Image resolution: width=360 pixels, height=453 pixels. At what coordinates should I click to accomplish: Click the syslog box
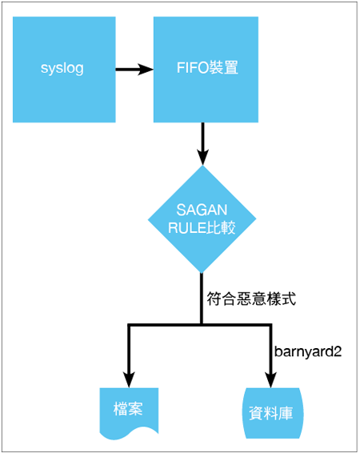(64, 70)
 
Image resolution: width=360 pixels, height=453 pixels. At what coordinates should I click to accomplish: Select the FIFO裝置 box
(206, 70)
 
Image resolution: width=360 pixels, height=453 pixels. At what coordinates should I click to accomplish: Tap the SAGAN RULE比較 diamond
(202, 219)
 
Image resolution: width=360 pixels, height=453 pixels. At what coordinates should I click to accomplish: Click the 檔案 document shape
(129, 413)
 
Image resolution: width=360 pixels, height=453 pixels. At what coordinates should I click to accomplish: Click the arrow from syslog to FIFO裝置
(134, 70)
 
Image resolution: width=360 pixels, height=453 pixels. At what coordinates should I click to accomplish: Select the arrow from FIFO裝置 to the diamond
(203, 144)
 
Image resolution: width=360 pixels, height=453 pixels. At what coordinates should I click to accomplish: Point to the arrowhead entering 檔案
(129, 379)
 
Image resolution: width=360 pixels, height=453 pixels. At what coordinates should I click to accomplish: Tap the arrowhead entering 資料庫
(270, 379)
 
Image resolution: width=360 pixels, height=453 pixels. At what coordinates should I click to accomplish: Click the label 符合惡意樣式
(251, 299)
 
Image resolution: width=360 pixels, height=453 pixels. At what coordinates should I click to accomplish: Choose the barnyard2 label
(308, 352)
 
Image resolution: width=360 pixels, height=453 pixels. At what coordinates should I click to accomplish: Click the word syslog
(62, 69)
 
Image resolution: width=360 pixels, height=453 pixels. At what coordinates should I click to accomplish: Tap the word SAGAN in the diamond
(202, 210)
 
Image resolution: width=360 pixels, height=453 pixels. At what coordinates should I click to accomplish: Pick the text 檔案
(128, 409)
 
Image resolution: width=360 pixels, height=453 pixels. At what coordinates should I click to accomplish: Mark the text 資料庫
(270, 414)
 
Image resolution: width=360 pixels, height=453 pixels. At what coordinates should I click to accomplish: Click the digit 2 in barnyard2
(338, 351)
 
